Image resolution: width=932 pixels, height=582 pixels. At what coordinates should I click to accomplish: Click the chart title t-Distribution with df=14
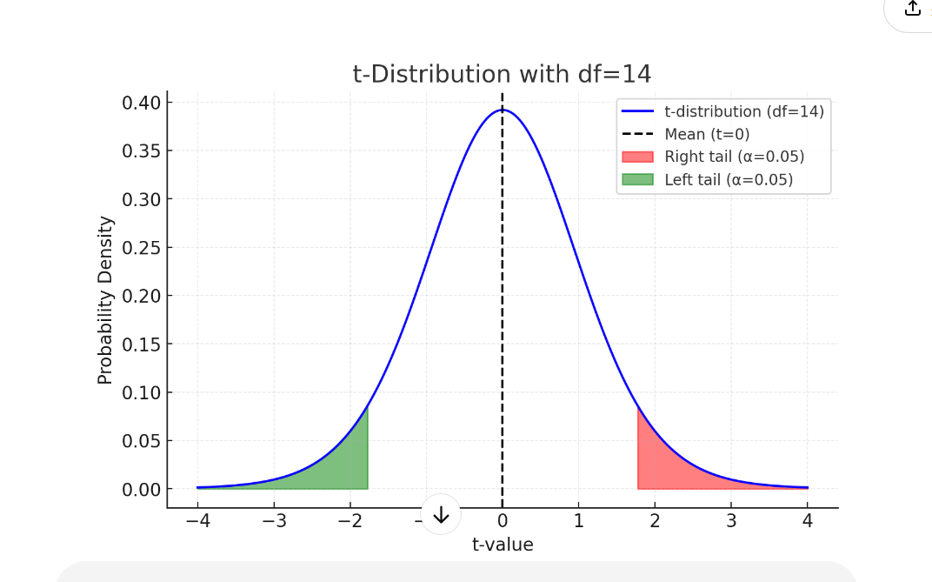click(x=502, y=75)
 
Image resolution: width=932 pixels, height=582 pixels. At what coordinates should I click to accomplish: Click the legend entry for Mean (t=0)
click(x=706, y=134)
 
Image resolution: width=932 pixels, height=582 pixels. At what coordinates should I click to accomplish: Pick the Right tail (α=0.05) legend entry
click(x=734, y=157)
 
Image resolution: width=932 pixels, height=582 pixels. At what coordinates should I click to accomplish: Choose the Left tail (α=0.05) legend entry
click(x=729, y=180)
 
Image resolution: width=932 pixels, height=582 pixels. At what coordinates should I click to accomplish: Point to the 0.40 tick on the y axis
click(x=141, y=103)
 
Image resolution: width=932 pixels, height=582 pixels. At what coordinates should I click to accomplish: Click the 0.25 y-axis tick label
click(x=141, y=248)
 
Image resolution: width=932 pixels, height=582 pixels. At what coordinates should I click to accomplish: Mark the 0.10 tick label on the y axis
click(x=141, y=392)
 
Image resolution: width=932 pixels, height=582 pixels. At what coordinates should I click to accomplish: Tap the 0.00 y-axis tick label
click(x=141, y=489)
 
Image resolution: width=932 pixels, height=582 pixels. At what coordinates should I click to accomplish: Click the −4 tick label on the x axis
click(x=197, y=522)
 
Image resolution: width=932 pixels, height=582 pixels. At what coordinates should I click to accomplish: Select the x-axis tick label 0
click(x=503, y=522)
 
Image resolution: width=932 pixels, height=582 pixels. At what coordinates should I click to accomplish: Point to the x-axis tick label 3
click(x=731, y=522)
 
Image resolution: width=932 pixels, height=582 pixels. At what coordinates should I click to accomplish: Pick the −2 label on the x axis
click(x=349, y=522)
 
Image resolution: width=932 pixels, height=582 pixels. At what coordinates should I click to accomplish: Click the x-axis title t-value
click(x=503, y=545)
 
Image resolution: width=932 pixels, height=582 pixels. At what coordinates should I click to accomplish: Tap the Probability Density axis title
click(x=105, y=300)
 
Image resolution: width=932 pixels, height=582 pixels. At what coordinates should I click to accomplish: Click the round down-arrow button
click(x=441, y=514)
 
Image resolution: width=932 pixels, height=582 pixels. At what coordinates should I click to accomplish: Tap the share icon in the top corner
click(x=912, y=8)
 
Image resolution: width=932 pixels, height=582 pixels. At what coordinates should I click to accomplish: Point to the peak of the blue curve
click(x=503, y=110)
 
